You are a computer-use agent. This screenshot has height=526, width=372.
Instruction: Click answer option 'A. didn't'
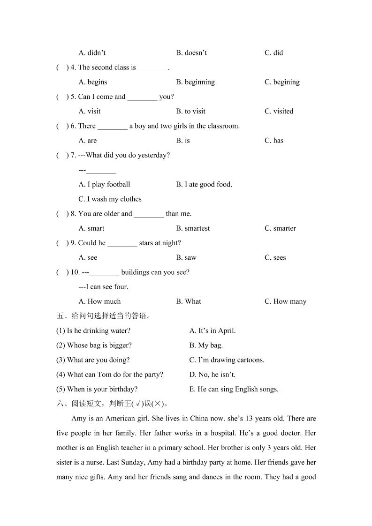[92, 53]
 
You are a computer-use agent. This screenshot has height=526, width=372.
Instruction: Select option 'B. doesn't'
[191, 53]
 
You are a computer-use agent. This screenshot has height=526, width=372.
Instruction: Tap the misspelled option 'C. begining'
[282, 82]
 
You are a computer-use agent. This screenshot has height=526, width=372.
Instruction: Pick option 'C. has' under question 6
[274, 141]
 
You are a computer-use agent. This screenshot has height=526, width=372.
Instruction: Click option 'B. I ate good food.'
[204, 185]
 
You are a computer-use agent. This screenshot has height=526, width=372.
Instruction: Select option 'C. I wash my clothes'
[110, 199]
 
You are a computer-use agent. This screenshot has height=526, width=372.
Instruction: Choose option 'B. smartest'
[193, 229]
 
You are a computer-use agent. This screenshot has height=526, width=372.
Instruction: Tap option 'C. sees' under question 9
[275, 258]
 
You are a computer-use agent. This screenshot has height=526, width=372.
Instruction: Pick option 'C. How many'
[285, 302]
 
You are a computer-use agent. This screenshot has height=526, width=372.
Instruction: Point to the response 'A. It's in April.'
[212, 331]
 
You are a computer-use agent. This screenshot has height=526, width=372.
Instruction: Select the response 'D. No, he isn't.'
[212, 375]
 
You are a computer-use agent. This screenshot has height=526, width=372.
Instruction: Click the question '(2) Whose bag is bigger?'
[94, 346]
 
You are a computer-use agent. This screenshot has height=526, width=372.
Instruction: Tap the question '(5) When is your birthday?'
[97, 390]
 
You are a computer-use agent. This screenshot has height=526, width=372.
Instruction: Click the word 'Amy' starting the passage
[78, 419]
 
